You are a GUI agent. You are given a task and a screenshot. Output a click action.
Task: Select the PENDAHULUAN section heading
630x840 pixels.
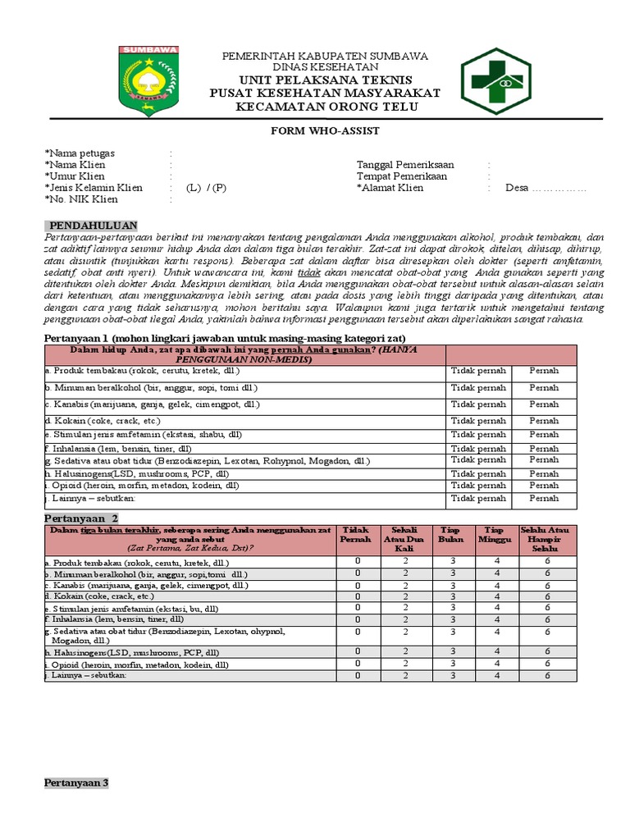(94, 226)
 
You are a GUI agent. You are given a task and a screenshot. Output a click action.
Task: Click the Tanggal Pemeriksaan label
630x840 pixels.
(405, 165)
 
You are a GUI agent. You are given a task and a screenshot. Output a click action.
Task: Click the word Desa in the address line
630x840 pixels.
(516, 188)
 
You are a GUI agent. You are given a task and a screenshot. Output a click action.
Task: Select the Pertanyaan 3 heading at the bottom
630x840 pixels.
(76, 783)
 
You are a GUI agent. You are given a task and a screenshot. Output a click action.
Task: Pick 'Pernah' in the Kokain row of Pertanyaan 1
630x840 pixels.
(544, 421)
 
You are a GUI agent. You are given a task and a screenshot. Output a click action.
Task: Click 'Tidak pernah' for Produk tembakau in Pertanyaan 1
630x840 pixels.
(478, 371)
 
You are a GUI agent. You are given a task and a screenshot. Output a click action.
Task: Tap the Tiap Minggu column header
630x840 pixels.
(495, 535)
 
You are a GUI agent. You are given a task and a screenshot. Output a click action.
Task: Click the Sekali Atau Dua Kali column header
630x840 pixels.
(405, 540)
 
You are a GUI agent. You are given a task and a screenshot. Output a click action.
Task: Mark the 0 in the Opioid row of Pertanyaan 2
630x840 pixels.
(358, 664)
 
